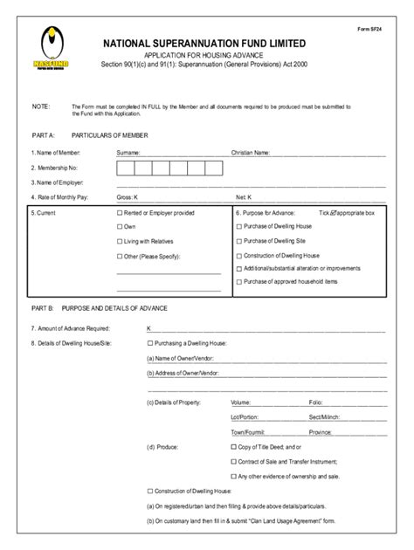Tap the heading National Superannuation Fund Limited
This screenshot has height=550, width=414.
tap(205, 43)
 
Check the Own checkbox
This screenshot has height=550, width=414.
tap(120, 227)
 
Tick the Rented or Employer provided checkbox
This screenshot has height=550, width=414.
tap(120, 212)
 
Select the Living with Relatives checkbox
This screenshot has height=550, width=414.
tap(120, 241)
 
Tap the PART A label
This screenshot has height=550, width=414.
tap(43, 136)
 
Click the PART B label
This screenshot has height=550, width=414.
tap(43, 309)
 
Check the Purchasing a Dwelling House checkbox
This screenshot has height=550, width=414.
tap(150, 343)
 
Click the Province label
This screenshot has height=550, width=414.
tap(320, 431)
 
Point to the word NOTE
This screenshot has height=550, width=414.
tap(40, 107)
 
